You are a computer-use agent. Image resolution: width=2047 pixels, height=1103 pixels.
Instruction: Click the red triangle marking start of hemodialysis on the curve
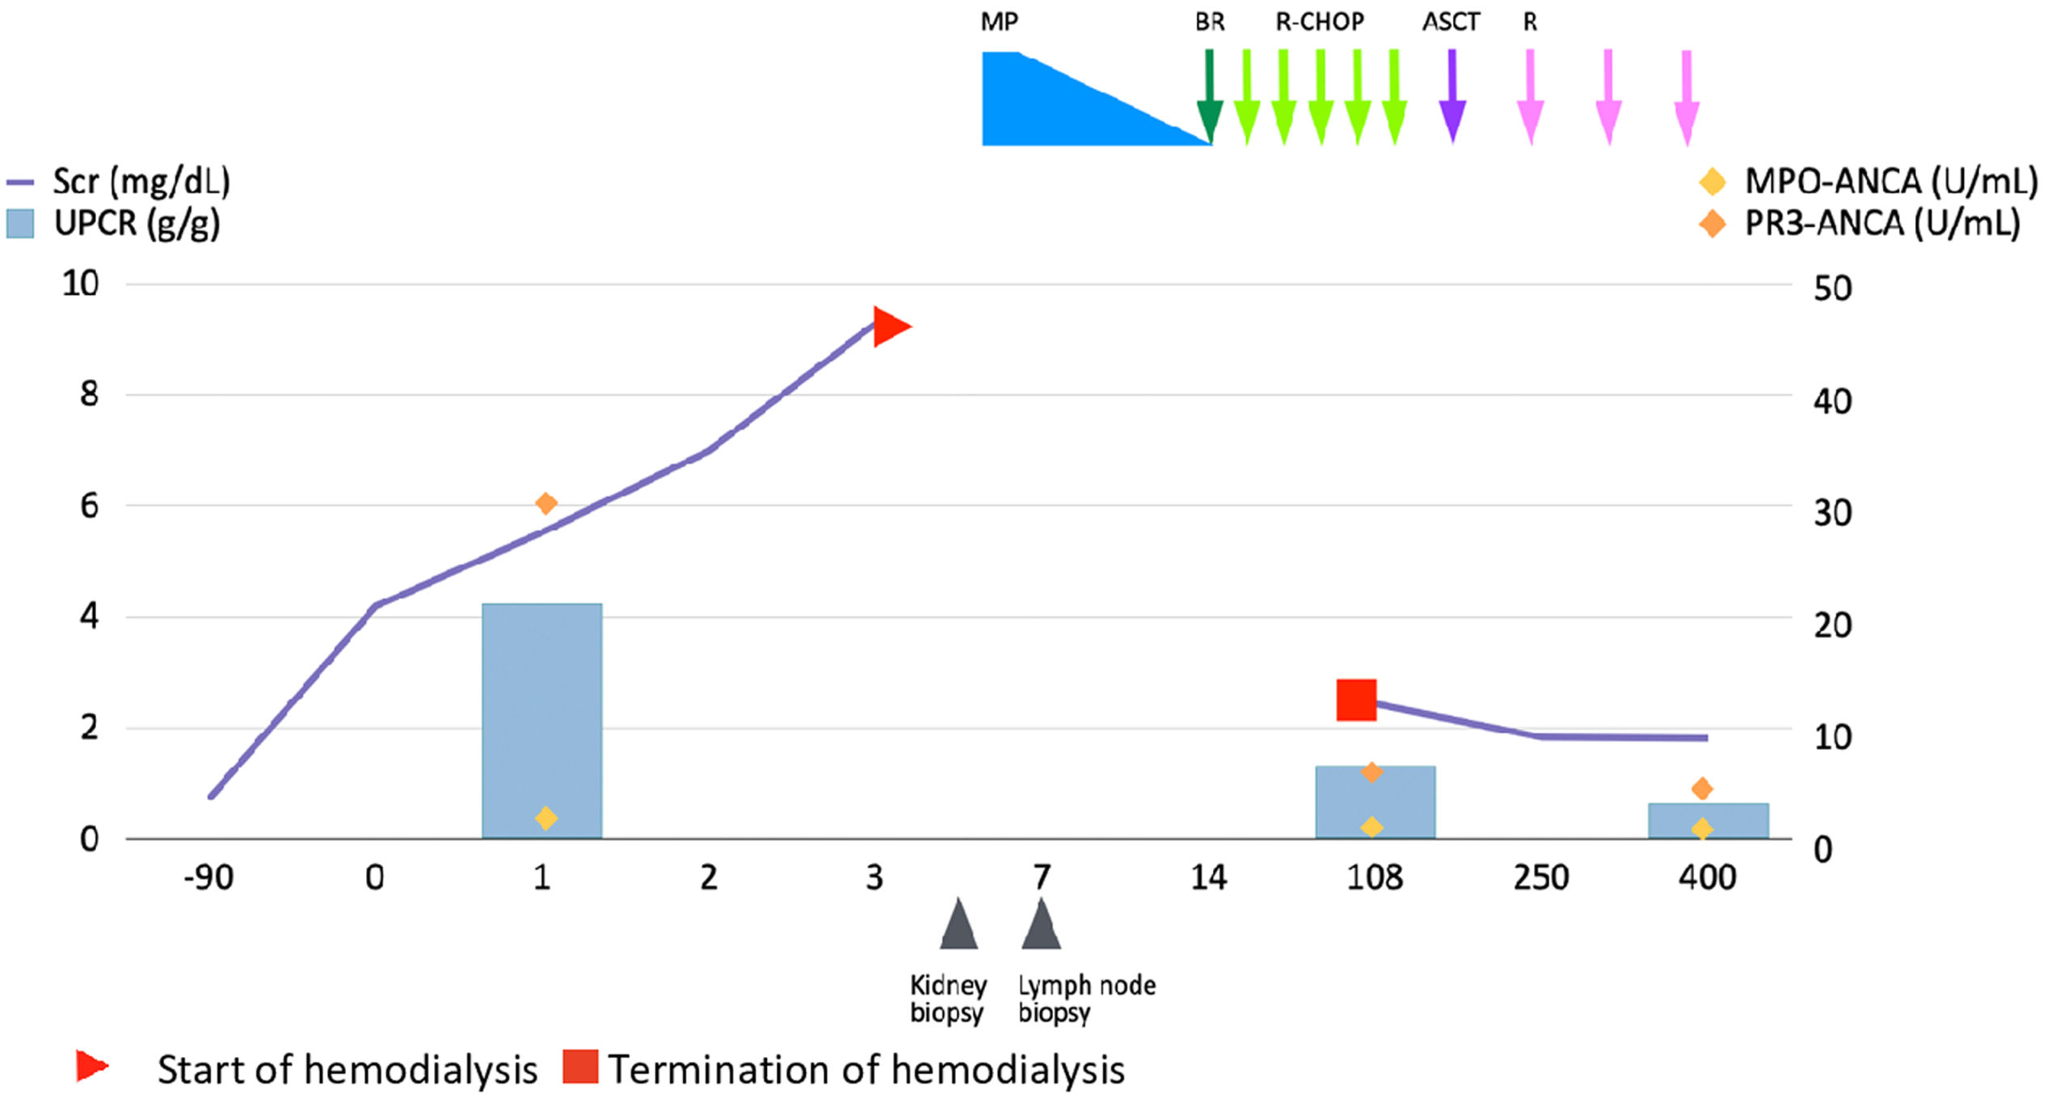[890, 326]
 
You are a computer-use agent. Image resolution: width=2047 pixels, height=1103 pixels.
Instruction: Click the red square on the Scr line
[1356, 700]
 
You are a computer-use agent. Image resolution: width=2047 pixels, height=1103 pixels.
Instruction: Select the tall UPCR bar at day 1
[541, 719]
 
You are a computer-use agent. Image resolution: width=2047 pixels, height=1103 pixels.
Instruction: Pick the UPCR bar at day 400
[1708, 820]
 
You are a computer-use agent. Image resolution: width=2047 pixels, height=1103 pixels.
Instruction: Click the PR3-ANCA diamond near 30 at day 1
[545, 503]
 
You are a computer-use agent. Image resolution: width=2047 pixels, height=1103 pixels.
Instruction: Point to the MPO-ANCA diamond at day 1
[545, 818]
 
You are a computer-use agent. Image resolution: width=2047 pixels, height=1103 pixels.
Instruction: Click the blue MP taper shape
[1051, 105]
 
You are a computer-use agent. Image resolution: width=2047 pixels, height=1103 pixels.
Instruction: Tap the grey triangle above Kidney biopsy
[958, 924]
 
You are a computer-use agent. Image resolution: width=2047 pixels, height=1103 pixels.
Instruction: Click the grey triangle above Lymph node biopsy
[1041, 924]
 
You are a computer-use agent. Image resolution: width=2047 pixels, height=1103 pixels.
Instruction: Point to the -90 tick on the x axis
[208, 878]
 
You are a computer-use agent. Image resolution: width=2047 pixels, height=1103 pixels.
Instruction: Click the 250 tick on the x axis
[1540, 878]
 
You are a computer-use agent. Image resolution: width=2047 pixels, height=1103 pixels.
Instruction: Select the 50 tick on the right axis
[1832, 288]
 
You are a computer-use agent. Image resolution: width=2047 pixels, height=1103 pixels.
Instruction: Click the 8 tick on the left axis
[89, 394]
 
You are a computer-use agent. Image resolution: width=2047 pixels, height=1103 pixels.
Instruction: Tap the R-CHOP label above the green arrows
[1319, 22]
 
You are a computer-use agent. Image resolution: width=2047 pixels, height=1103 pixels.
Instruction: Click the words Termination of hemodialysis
[865, 1070]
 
